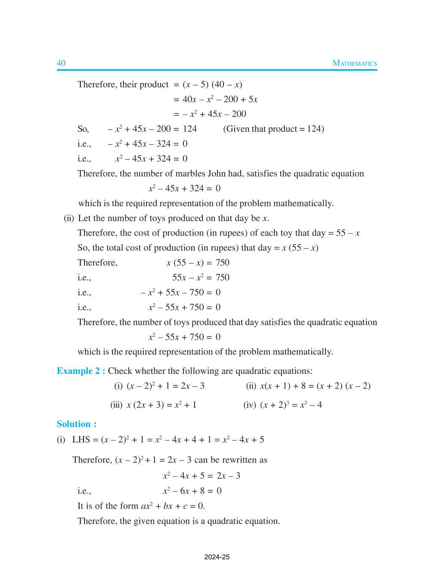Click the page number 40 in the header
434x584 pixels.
pos(61,63)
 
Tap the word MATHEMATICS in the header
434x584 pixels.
pos(354,63)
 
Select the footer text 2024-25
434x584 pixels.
pos(217,557)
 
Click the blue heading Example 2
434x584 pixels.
pos(81,371)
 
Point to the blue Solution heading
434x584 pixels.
pos(77,424)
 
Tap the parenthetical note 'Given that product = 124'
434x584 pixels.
pos(273,129)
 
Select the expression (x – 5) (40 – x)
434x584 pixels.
pos(212,84)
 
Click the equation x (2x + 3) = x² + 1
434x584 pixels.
pos(161,405)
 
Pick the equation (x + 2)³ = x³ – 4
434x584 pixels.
pos(291,405)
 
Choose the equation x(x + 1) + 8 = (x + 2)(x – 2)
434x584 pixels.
pos(315,386)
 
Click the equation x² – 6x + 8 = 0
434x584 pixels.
pos(192,491)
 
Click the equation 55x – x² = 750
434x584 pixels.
pos(201,278)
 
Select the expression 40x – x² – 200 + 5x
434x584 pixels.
pos(220,99)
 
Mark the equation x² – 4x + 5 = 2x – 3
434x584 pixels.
pos(201,476)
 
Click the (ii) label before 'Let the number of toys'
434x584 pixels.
pos(69,218)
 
